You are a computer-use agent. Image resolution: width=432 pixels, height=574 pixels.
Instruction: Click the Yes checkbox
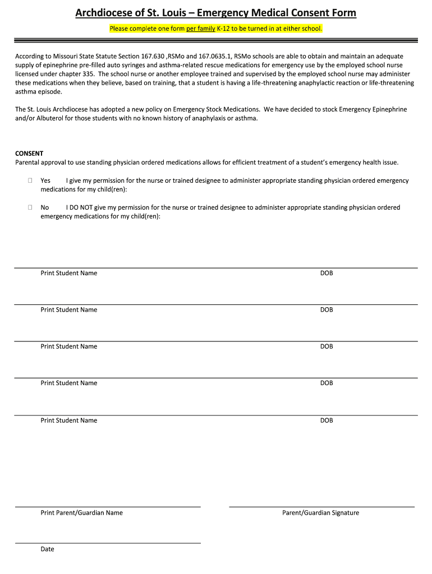(30, 180)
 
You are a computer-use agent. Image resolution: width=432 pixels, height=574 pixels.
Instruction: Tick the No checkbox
(30, 207)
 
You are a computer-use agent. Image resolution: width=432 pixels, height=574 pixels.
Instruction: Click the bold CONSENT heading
(29, 154)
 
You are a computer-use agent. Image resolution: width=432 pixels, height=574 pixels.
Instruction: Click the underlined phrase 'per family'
(201, 28)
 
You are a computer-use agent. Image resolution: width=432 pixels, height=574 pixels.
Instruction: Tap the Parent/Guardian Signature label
(320, 513)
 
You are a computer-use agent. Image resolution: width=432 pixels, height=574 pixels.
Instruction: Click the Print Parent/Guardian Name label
(81, 513)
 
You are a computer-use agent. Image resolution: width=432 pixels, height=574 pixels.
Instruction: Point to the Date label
(47, 549)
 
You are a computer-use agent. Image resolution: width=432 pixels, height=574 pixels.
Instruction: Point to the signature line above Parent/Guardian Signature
(321, 507)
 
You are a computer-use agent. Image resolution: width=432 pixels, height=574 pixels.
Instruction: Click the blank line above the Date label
(107, 543)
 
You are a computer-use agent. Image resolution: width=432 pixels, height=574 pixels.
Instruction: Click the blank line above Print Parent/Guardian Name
(107, 507)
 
